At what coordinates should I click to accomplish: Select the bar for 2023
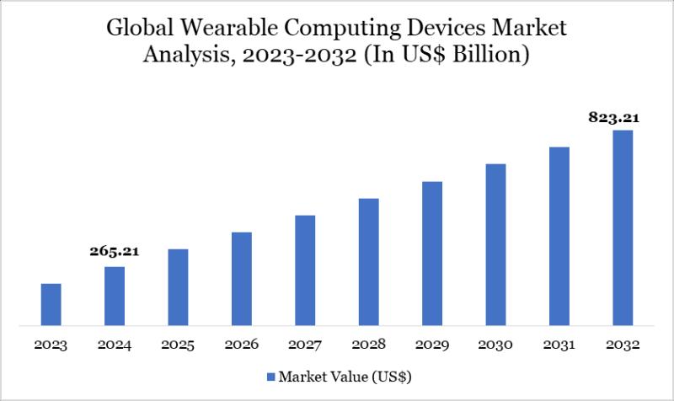[x=51, y=304]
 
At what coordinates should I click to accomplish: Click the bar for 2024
[x=115, y=296]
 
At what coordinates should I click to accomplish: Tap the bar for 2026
[x=242, y=278]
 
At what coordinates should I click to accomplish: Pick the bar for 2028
[x=368, y=261]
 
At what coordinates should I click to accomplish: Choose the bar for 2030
[x=495, y=244]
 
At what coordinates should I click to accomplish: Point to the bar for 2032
[x=623, y=227]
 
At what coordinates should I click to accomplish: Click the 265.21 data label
[x=115, y=251]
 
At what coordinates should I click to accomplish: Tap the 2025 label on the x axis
[x=178, y=345]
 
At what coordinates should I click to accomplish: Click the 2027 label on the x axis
[x=305, y=345]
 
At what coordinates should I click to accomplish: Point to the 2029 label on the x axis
[x=432, y=345]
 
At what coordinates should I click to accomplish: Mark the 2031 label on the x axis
[x=559, y=345]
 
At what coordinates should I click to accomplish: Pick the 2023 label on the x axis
[x=51, y=345]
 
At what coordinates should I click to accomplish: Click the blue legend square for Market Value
[x=270, y=376]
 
